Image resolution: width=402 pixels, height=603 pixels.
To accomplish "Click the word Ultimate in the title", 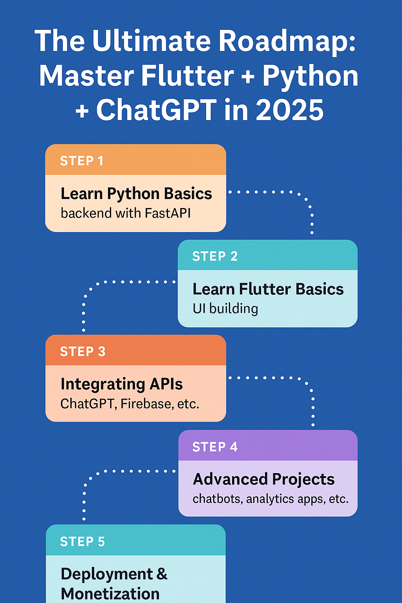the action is tap(151, 41).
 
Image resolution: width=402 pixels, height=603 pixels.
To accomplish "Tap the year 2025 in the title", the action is tap(290, 110).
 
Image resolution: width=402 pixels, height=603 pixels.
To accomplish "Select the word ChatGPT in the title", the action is tap(156, 110).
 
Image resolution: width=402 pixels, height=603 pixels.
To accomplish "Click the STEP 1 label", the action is tap(82, 161).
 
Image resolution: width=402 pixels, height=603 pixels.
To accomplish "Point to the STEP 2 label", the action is tap(215, 256).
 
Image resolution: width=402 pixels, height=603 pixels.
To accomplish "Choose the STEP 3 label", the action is tap(82, 351).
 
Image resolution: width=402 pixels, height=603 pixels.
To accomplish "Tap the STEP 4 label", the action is tap(215, 447).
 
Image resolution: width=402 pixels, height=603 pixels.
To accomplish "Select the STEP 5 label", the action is tap(82, 542).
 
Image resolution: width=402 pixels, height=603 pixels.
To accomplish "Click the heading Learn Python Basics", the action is tap(136, 194).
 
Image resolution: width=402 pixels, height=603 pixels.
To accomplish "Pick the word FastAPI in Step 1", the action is tap(168, 213).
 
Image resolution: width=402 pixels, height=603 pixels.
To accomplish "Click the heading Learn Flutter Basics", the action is tap(268, 289).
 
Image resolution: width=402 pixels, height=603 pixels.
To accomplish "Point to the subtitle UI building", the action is tap(225, 309).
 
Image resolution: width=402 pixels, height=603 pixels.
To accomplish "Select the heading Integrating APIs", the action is tap(122, 384).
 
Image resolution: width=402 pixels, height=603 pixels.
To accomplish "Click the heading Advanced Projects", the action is tap(264, 479).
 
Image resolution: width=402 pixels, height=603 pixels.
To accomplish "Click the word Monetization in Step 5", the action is tap(110, 594).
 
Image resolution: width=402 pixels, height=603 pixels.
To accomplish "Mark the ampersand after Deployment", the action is tap(162, 574).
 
